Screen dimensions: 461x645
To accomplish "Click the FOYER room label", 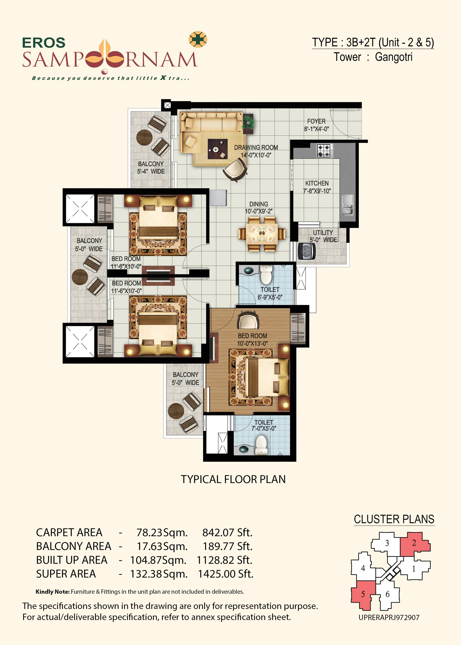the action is pyautogui.click(x=316, y=121).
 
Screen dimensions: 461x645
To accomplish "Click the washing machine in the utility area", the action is pyautogui.click(x=307, y=251).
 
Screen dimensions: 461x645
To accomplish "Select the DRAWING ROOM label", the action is pyautogui.click(x=256, y=148).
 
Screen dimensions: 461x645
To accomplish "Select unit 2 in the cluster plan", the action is pyautogui.click(x=415, y=543).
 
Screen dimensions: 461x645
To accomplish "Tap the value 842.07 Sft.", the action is pyautogui.click(x=227, y=533).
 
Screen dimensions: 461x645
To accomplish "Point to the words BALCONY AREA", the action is pyautogui.click(x=74, y=546).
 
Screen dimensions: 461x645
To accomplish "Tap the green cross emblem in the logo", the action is pyautogui.click(x=198, y=39).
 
